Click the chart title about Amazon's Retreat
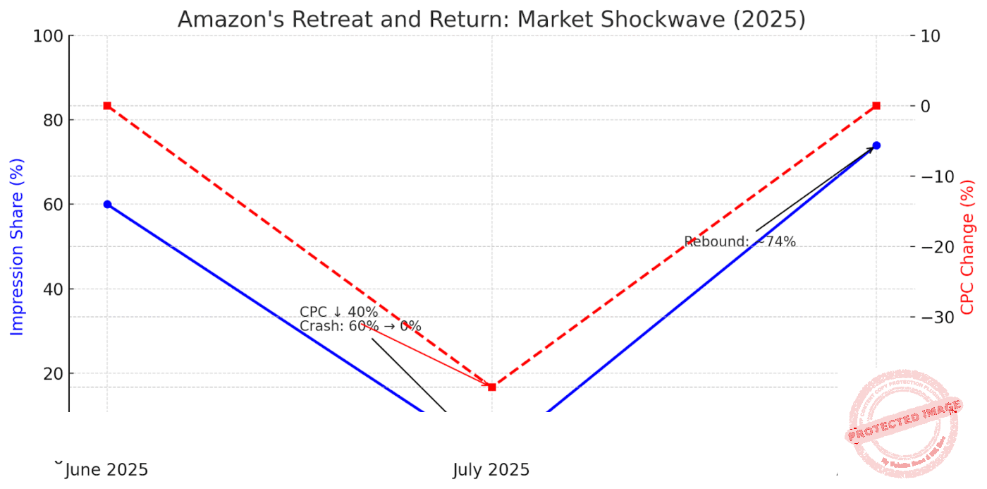pos(491,19)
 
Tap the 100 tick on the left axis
pos(49,36)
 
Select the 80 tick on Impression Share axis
pos(54,121)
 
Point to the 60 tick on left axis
pos(54,205)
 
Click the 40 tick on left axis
pos(54,289)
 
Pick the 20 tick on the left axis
pos(54,374)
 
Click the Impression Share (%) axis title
pos(17,247)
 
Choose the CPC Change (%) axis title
pos(967,247)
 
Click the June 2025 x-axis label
pos(107,470)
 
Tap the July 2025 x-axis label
pos(491,470)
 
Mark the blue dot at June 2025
pos(107,205)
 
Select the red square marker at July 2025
pos(491,387)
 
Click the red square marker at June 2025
pos(107,106)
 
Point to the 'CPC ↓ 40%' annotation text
pos(339,312)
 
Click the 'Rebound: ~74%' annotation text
pos(740,242)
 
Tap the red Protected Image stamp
pos(904,423)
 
